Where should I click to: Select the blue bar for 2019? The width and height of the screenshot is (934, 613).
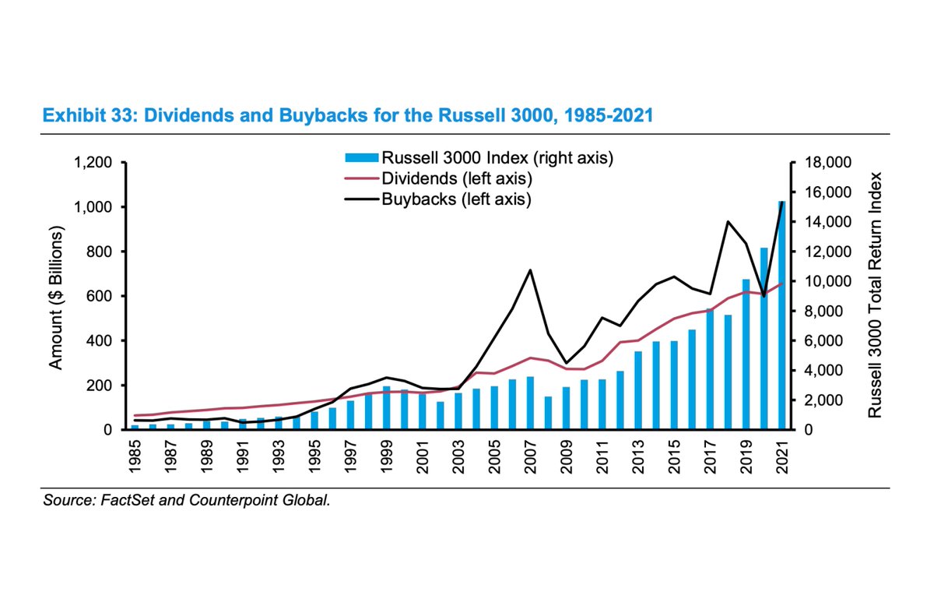point(745,354)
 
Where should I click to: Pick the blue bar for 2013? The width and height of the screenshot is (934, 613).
point(637,390)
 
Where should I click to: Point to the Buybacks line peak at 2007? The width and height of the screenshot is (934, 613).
point(530,270)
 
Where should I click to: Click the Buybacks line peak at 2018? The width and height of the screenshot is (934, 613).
point(727,222)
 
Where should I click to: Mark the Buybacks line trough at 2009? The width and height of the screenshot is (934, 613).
point(566,363)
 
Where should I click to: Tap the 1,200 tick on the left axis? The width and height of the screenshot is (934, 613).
point(93,163)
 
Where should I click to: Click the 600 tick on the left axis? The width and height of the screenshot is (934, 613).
point(103,297)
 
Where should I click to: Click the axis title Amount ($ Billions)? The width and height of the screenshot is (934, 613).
point(55,297)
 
